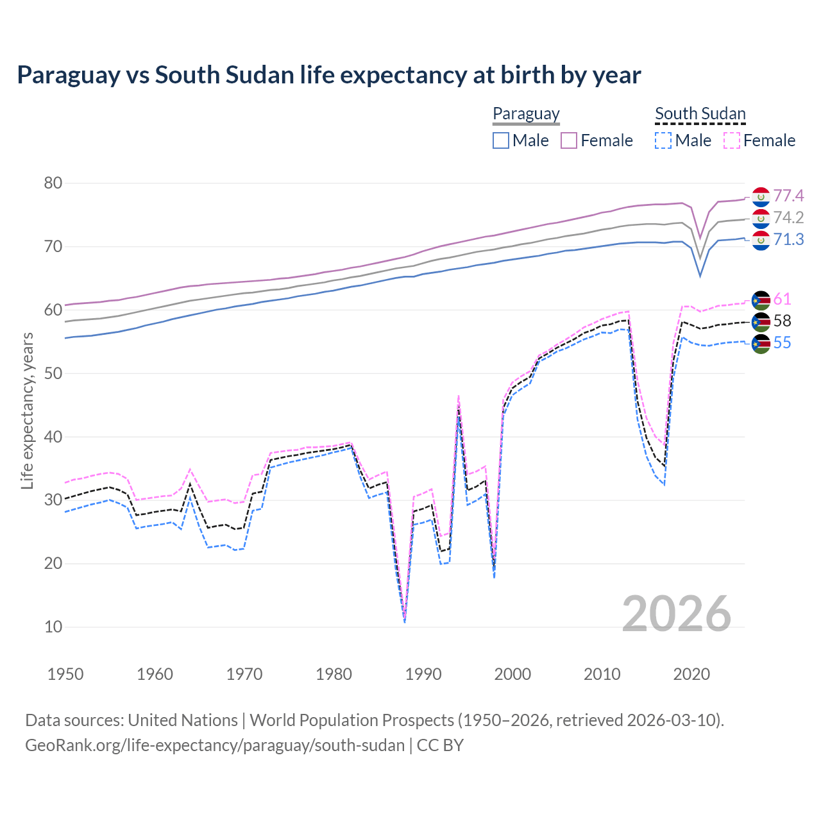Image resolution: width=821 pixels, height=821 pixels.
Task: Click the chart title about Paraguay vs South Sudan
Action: coord(328,75)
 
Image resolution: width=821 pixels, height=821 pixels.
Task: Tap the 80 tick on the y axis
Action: coord(53,183)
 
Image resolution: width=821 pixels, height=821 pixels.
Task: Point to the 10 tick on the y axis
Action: coord(53,627)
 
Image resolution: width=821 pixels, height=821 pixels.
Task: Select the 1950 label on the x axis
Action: coord(65,674)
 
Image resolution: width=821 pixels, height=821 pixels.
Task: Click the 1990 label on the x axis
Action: coord(423,674)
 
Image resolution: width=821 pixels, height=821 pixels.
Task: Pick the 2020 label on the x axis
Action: coord(691,674)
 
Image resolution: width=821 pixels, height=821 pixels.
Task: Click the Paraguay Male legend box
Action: coord(501,140)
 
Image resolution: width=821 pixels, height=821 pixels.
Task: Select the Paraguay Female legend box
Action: coord(569,140)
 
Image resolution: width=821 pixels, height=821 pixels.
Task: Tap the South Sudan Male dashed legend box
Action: coord(663,140)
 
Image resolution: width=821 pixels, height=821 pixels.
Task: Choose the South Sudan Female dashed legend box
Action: coord(732,140)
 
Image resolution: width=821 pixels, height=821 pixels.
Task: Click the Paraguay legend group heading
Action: coord(526,114)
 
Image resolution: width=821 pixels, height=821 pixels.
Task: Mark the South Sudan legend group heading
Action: coord(700,114)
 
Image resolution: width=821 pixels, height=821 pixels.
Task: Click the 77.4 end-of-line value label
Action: coord(788,196)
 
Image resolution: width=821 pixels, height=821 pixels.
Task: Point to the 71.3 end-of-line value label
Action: coord(788,240)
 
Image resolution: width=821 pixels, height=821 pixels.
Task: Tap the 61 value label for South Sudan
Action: coord(782,300)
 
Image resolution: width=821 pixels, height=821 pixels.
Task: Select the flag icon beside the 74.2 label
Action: coord(761,219)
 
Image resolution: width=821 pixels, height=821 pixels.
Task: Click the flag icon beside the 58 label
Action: coord(761,322)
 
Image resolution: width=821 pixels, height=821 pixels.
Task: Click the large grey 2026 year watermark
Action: coord(677,614)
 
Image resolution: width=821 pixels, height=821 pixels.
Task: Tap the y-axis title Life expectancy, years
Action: coord(28,410)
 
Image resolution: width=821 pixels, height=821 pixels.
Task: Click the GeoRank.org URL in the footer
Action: coord(215,745)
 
